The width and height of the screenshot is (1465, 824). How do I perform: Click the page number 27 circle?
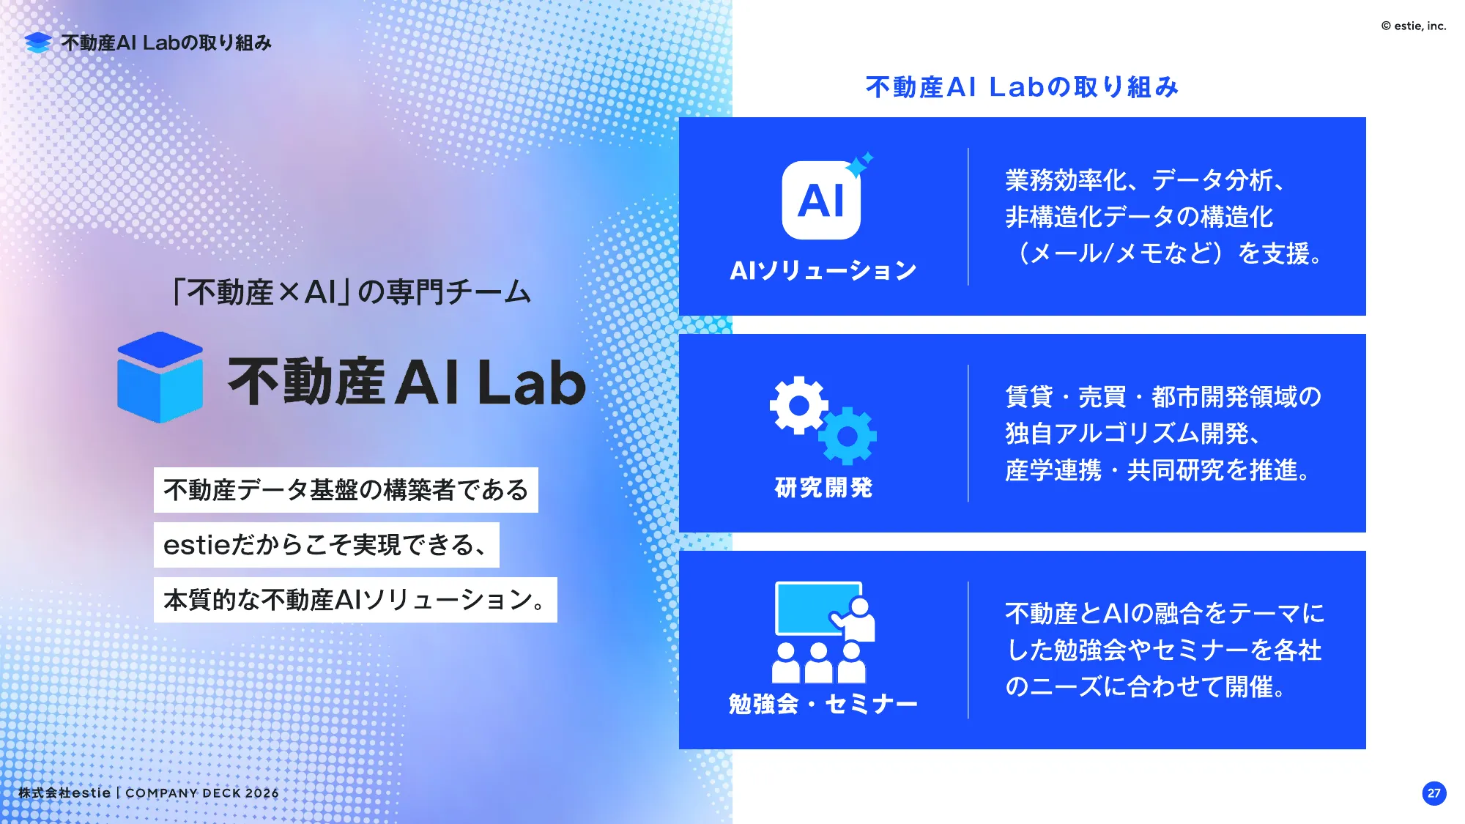coord(1434,793)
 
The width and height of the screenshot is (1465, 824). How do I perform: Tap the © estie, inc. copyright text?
coord(1414,26)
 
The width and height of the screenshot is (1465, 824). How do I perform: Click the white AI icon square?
coord(820,201)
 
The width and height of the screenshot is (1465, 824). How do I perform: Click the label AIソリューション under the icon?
coord(823,270)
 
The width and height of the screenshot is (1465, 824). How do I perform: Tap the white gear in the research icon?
coord(798,405)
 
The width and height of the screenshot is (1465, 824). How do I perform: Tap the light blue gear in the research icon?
coord(848,437)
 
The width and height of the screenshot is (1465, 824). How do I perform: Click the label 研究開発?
coord(823,487)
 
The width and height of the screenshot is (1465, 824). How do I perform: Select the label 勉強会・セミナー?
coord(823,704)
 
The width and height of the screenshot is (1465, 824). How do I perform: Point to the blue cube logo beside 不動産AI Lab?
coord(160,377)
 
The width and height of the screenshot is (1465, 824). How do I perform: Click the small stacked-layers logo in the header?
coord(37,42)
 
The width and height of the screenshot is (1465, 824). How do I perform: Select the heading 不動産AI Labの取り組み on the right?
coord(1022,87)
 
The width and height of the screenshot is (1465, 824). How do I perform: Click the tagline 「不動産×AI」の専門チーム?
coord(350,292)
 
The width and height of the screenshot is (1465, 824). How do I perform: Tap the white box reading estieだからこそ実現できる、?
coord(326,545)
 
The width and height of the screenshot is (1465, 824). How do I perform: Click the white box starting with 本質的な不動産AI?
coord(355,600)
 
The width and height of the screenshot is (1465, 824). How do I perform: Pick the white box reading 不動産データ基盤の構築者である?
coord(346,490)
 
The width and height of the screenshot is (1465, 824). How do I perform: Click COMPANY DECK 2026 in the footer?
coord(202,793)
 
